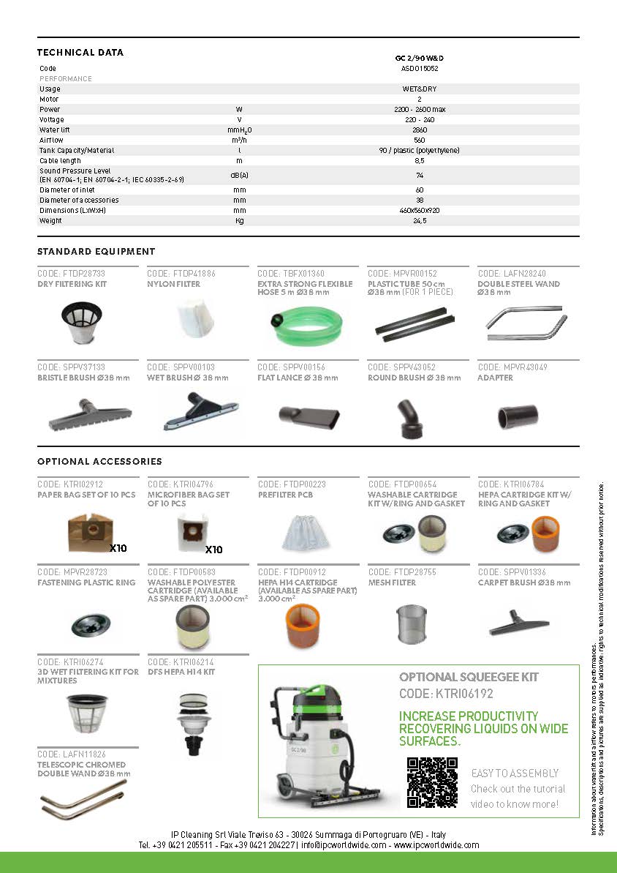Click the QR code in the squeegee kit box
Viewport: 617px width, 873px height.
(431, 782)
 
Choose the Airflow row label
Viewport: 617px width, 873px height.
(52, 140)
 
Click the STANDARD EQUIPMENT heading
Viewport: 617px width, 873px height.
(96, 252)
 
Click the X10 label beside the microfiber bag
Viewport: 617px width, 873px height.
(214, 550)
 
